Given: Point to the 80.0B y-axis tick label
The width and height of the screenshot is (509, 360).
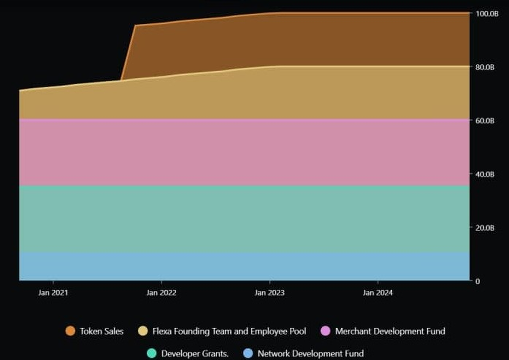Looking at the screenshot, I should tap(485, 67).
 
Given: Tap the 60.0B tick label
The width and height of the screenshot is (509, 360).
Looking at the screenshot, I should tap(485, 120).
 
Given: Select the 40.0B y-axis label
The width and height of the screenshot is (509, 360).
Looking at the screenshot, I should tap(485, 174).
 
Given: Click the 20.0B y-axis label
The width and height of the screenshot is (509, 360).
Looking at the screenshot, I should tap(485, 228).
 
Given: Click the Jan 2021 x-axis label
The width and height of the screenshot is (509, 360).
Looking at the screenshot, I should tap(53, 293).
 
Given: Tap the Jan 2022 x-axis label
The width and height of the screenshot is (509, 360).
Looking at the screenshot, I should tap(161, 293).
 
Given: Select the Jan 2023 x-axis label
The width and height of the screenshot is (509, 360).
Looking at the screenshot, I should tap(270, 293).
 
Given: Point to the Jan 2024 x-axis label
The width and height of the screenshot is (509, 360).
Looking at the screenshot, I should tap(378, 293).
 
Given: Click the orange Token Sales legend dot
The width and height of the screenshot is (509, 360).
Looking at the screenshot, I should tap(70, 331).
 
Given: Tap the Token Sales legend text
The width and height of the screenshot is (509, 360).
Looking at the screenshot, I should tap(102, 331).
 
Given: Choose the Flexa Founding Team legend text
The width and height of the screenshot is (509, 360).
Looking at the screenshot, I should tap(229, 331).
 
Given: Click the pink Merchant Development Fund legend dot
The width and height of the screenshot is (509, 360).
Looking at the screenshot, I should tap(326, 331).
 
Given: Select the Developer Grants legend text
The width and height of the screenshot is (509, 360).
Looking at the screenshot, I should tap(195, 353).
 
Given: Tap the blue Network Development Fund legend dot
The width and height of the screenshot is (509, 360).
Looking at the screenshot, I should tap(249, 353).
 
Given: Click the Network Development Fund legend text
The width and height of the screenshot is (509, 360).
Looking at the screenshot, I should tap(310, 353).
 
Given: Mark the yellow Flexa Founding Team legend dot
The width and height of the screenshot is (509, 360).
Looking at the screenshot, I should tap(143, 331).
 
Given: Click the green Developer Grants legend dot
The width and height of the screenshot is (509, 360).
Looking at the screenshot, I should tap(152, 353).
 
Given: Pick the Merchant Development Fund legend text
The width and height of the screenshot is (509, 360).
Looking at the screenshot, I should tap(390, 331).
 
